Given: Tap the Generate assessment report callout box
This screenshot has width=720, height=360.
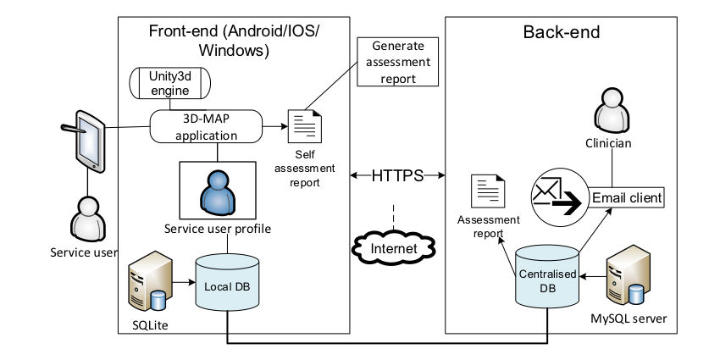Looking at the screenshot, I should [397, 61].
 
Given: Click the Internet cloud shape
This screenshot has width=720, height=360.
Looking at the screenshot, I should [394, 247].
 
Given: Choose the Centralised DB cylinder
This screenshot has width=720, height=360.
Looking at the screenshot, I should [547, 277].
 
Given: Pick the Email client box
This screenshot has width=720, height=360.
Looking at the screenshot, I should [626, 197].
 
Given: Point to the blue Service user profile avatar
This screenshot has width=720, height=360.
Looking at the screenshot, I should [217, 190].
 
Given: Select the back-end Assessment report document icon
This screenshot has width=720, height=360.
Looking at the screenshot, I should [488, 191].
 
